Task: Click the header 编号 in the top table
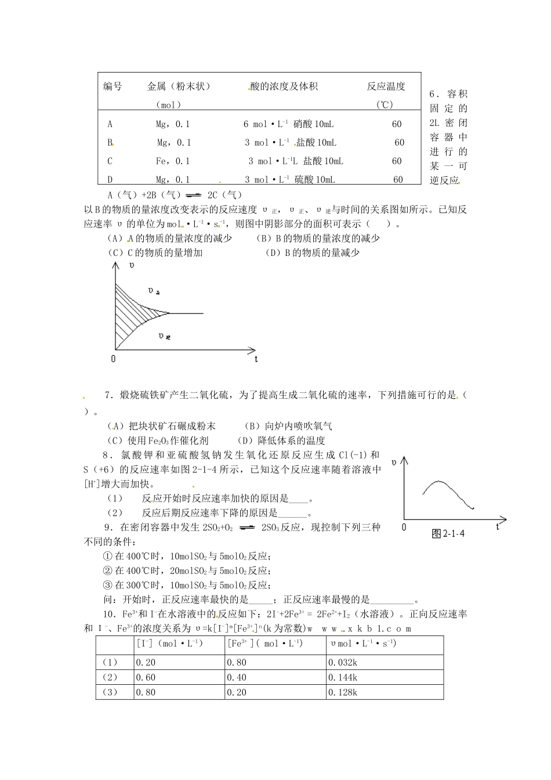pyautogui.click(x=113, y=86)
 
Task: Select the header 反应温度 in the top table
pyautogui.click(x=386, y=86)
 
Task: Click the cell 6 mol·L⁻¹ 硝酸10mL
pyautogui.click(x=288, y=124)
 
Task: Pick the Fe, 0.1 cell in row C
pyautogui.click(x=173, y=161)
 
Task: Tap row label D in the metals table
pyautogui.click(x=110, y=180)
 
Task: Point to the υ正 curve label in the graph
pyautogui.click(x=154, y=291)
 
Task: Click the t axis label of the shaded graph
pyautogui.click(x=256, y=359)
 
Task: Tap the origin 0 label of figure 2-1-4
pyautogui.click(x=404, y=527)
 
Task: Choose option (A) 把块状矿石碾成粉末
pyautogui.click(x=161, y=426)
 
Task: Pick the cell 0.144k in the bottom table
pyautogui.click(x=343, y=677)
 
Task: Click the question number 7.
pyautogui.click(x=107, y=395)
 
